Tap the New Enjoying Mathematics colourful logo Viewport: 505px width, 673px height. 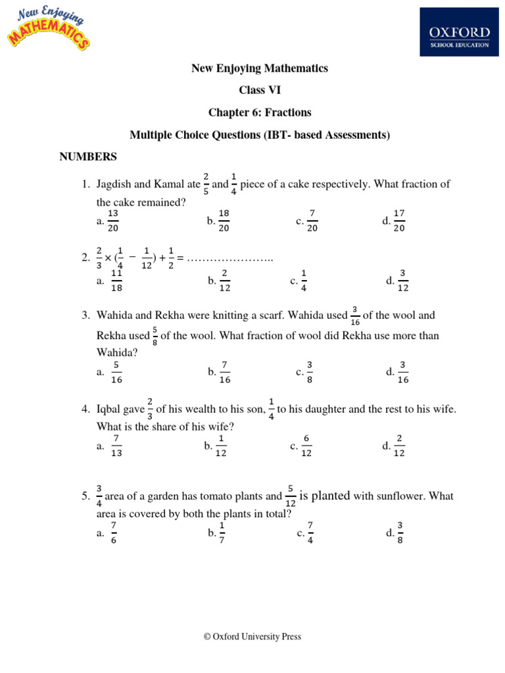tap(48, 28)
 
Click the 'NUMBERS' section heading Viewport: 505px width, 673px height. tap(88, 156)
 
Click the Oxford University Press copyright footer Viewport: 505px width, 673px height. tap(252, 636)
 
